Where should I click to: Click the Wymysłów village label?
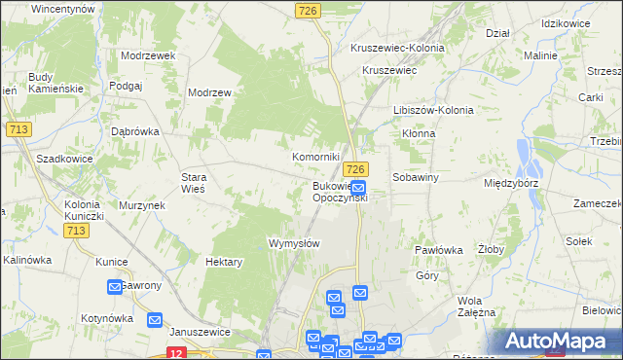[x=293, y=243]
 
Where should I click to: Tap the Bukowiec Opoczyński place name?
[x=339, y=192]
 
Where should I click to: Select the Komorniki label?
[x=316, y=157]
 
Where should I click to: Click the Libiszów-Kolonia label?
[x=432, y=110]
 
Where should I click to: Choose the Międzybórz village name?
[x=511, y=182]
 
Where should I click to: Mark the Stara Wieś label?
[x=193, y=184]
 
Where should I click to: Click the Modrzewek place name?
[x=148, y=55]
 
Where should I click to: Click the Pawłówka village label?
[x=437, y=250]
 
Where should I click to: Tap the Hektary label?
[x=224, y=262]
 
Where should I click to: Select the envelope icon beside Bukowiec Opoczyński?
[x=358, y=188]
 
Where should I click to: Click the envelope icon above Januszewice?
[x=155, y=319]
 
